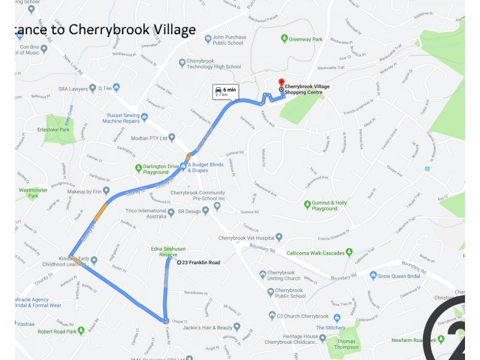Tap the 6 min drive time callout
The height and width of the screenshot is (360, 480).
226,91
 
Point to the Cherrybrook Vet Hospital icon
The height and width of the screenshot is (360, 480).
279,238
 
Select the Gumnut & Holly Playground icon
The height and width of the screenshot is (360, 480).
307,205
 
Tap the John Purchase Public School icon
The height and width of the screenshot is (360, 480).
208,39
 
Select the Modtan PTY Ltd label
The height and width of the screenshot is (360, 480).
146,138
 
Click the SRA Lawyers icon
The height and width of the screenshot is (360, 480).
92,89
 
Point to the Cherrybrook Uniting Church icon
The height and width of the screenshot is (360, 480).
263,275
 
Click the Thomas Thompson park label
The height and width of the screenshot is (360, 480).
346,343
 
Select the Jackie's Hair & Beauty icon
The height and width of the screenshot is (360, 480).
238,328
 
